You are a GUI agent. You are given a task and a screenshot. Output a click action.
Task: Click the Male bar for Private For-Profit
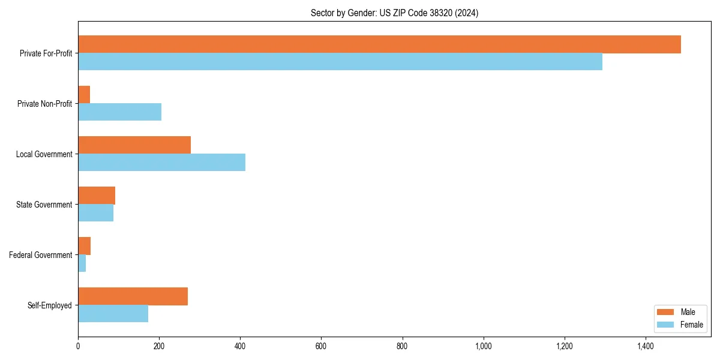coord(379,44)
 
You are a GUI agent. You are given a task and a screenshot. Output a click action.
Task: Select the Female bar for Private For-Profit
coord(340,62)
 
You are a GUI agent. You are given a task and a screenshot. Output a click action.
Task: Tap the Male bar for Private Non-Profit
coord(84,95)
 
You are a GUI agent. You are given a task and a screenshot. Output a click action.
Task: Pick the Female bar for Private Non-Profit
coord(119,112)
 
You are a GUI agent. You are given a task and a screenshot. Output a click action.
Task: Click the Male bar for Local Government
coord(134,145)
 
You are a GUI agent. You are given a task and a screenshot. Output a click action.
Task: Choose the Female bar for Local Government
coord(161,163)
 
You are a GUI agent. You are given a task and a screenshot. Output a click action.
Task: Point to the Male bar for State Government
coord(97,196)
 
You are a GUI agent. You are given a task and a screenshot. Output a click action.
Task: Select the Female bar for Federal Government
coord(82,263)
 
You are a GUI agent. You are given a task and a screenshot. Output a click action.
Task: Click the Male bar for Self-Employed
coord(133,296)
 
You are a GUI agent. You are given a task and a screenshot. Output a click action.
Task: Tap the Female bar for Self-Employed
coord(113,314)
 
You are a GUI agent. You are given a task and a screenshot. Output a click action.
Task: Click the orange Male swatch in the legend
coord(665,312)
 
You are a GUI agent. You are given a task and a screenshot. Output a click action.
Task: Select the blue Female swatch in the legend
coord(665,325)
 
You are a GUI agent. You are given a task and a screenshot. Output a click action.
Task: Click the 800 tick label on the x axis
coord(402,346)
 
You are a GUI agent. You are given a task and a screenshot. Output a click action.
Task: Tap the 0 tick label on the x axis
coord(78,346)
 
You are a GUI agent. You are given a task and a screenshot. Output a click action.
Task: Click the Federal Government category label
coord(40,255)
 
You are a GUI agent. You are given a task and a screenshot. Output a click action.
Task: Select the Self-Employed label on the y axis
coord(49,305)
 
